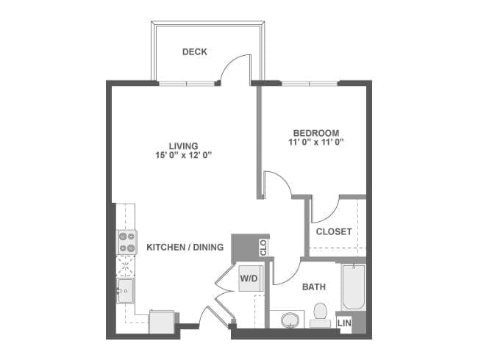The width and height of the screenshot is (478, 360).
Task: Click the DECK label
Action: coord(194,51)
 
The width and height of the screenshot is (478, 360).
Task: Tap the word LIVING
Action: coord(184,146)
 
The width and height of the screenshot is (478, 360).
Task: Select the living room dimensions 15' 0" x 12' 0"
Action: coord(184,155)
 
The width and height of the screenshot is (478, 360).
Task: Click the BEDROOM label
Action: coord(316,133)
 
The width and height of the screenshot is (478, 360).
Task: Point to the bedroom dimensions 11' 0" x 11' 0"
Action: coord(316,142)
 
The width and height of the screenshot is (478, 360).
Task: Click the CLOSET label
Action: coord(334,231)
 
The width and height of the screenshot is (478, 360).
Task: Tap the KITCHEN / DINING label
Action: coord(185,247)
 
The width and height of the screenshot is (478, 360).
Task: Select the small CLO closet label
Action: coord(263,248)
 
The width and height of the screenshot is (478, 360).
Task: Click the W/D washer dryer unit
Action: coord(251,278)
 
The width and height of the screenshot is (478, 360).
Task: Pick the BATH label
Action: coord(314,287)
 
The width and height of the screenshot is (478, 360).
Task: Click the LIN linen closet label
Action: coord(344,323)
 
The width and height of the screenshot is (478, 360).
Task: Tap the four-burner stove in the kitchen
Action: coord(127,242)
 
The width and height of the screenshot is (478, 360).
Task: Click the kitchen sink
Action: coord(126,290)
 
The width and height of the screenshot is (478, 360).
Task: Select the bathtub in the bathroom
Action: coord(354,287)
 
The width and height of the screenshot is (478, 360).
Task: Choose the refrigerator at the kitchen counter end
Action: coord(162,322)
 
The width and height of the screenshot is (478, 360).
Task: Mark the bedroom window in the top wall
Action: coord(310,83)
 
